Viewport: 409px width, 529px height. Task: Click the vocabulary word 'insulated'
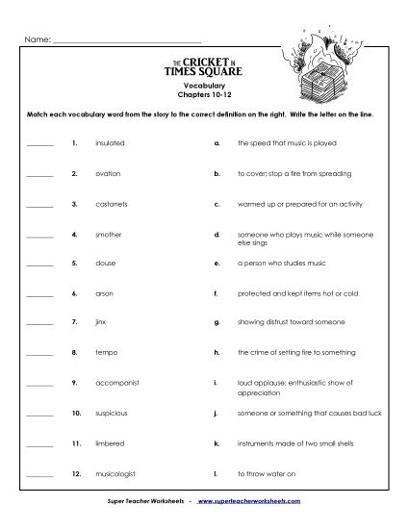[111, 144]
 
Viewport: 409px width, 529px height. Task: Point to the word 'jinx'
[101, 322]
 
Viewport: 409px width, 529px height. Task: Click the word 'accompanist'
[117, 382]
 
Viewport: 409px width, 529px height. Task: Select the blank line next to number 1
[40, 145]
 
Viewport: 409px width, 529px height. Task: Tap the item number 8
[73, 352]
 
